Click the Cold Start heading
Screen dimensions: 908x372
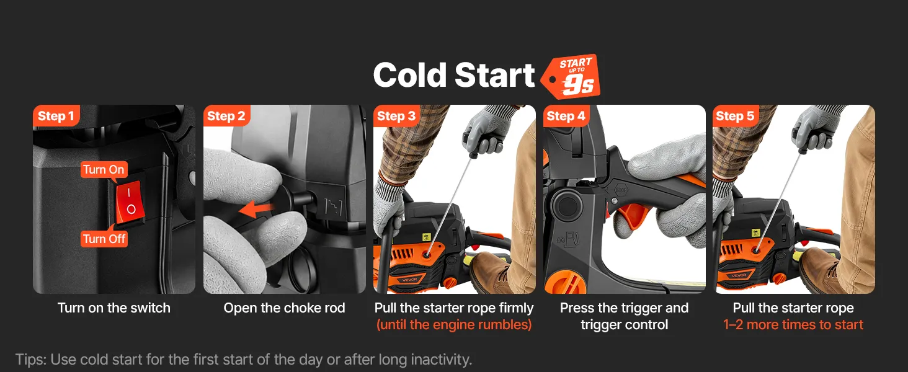pyautogui.click(x=453, y=76)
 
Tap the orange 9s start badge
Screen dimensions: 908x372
pyautogui.click(x=572, y=77)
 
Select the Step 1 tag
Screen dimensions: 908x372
pyautogui.click(x=56, y=116)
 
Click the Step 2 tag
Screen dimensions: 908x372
pyautogui.click(x=226, y=116)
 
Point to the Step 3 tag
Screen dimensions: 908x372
pyautogui.click(x=396, y=116)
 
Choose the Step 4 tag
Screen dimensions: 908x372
pyautogui.click(x=566, y=116)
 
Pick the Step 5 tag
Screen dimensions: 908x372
pyautogui.click(x=735, y=116)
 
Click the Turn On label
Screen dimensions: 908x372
pyautogui.click(x=104, y=169)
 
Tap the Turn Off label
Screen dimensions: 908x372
pyautogui.click(x=104, y=239)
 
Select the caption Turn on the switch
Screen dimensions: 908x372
pyautogui.click(x=114, y=308)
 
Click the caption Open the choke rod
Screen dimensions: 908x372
pyautogui.click(x=284, y=308)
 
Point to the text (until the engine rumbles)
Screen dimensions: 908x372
pyautogui.click(x=454, y=325)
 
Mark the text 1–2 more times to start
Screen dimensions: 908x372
pyautogui.click(x=793, y=325)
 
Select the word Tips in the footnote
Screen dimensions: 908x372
pyautogui.click(x=31, y=360)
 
